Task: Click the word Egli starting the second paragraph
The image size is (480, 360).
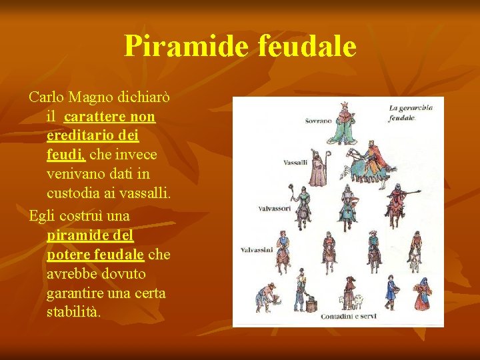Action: [x=41, y=217]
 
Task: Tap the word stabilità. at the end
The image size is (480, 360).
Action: [x=73, y=312]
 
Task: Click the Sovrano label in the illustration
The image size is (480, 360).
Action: [x=318, y=121]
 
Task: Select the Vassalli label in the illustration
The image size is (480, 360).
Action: [x=295, y=163]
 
